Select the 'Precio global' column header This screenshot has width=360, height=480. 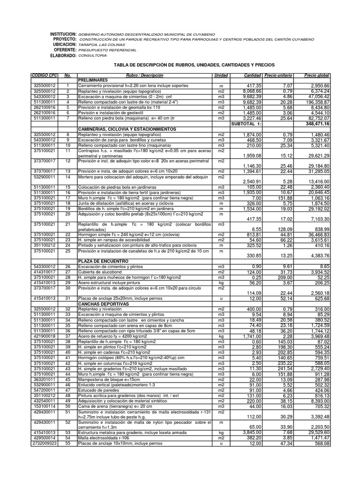tap(317, 75)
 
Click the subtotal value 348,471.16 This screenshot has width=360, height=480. tap(317, 124)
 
